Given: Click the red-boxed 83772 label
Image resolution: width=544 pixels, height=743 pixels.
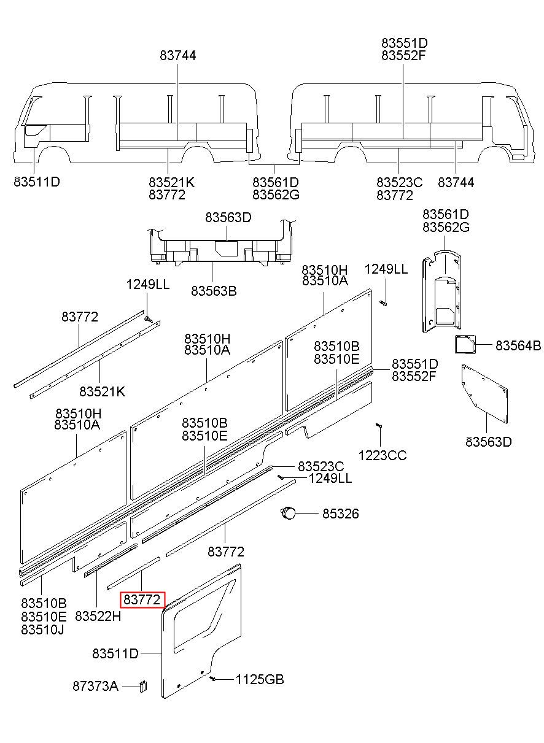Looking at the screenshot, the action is [142, 599].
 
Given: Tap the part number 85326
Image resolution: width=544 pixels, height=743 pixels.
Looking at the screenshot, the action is [341, 514].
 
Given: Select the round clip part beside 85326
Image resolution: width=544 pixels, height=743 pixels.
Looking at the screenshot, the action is [288, 513].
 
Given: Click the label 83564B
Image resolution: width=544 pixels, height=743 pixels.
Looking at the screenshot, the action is [518, 345].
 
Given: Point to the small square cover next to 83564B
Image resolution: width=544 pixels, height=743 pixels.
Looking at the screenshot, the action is [465, 344].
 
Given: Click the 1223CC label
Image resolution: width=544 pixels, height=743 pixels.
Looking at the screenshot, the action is [383, 455].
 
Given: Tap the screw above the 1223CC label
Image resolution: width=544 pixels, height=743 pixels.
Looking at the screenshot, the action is [378, 425].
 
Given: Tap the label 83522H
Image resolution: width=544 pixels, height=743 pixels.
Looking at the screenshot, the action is [98, 616].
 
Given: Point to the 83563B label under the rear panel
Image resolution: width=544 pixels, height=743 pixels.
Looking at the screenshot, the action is [214, 291].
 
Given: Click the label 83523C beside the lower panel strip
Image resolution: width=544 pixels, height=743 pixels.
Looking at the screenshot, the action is [321, 466].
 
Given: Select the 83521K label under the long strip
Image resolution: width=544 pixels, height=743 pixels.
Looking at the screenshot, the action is [102, 391].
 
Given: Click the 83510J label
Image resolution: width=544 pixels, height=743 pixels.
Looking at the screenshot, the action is [42, 629].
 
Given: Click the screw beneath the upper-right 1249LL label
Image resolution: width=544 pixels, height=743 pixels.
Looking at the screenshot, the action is [383, 302].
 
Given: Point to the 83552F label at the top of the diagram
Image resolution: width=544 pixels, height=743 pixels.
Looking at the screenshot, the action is [403, 55].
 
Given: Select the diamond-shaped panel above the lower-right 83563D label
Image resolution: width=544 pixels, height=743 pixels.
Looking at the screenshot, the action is [484, 394].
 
